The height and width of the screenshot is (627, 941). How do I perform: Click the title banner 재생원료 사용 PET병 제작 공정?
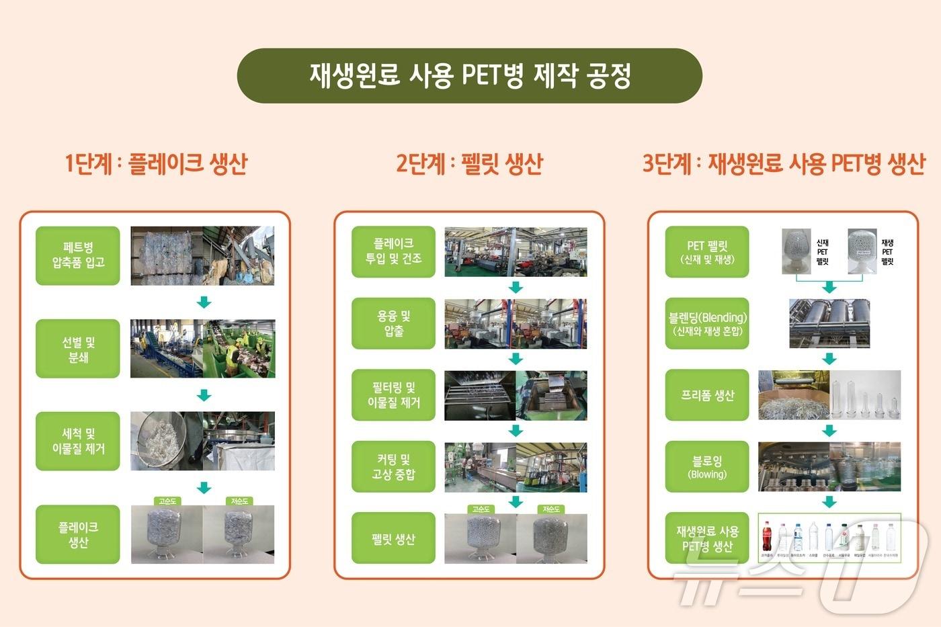coord(470,75)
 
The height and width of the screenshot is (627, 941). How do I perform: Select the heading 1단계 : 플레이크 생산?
coord(156,163)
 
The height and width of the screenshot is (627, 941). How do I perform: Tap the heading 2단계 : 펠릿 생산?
coord(469,163)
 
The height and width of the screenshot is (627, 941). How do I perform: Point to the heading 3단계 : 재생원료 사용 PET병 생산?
coord(784,163)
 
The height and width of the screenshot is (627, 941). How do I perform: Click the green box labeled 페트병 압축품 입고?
coord(78,255)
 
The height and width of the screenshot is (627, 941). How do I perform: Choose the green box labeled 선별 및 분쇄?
coord(78,349)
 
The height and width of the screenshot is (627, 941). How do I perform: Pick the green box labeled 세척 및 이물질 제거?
coord(78,441)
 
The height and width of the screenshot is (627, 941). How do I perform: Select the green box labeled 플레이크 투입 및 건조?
coord(393,251)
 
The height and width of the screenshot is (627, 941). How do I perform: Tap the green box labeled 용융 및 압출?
coord(393,323)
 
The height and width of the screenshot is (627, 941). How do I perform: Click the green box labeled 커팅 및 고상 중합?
coord(393,466)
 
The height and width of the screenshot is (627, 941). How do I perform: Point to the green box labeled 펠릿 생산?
coord(393,538)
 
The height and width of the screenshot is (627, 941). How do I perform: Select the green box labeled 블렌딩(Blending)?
coord(707,323)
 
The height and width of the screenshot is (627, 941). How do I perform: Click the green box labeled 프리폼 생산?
coord(707,395)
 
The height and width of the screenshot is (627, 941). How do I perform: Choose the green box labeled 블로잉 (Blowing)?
coord(707,466)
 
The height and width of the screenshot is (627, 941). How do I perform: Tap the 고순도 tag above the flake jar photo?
coord(167,501)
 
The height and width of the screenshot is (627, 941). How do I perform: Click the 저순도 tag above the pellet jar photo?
coord(551,509)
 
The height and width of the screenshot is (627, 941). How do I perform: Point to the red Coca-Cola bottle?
coord(767,537)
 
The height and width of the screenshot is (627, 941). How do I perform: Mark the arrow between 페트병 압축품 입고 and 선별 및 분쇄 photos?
coord(204,302)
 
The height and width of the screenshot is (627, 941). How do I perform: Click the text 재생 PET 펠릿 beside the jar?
coord(887,252)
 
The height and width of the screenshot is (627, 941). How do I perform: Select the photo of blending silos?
coord(829,323)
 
